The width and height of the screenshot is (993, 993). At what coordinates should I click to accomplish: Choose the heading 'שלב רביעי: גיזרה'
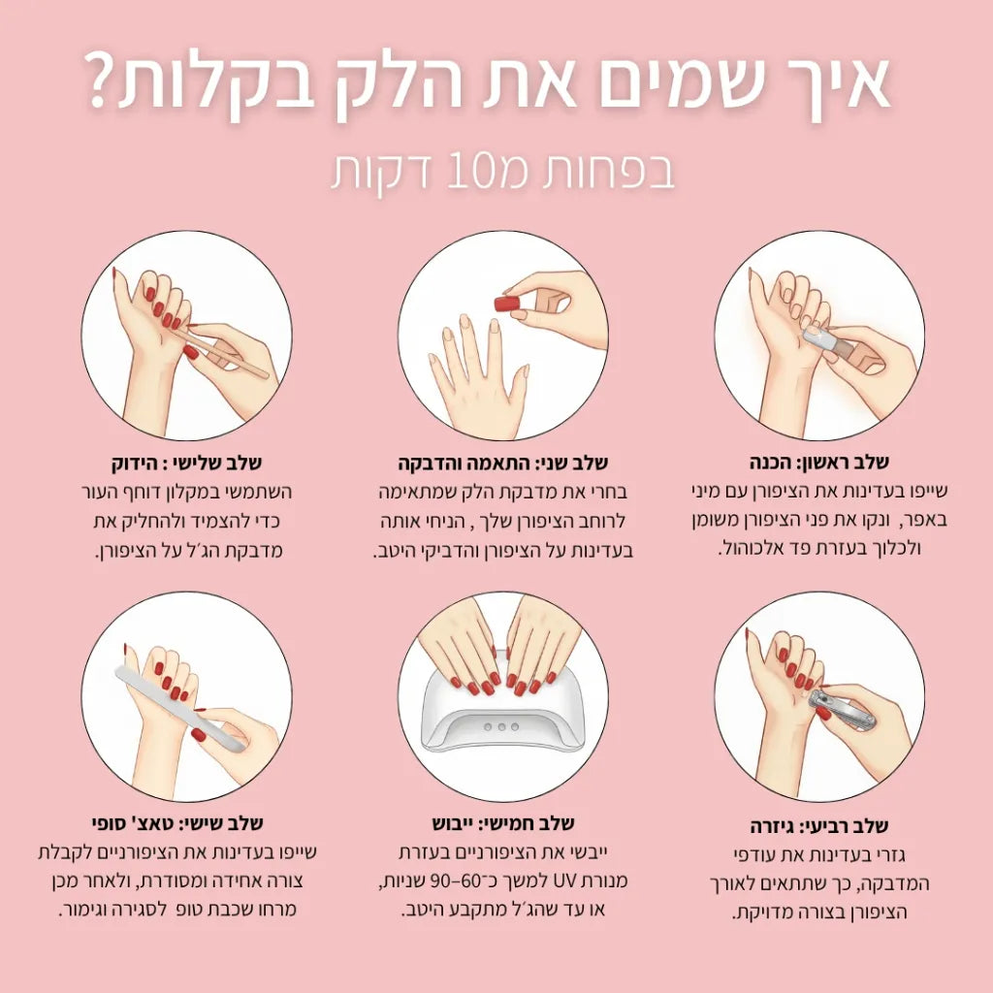(819, 826)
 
